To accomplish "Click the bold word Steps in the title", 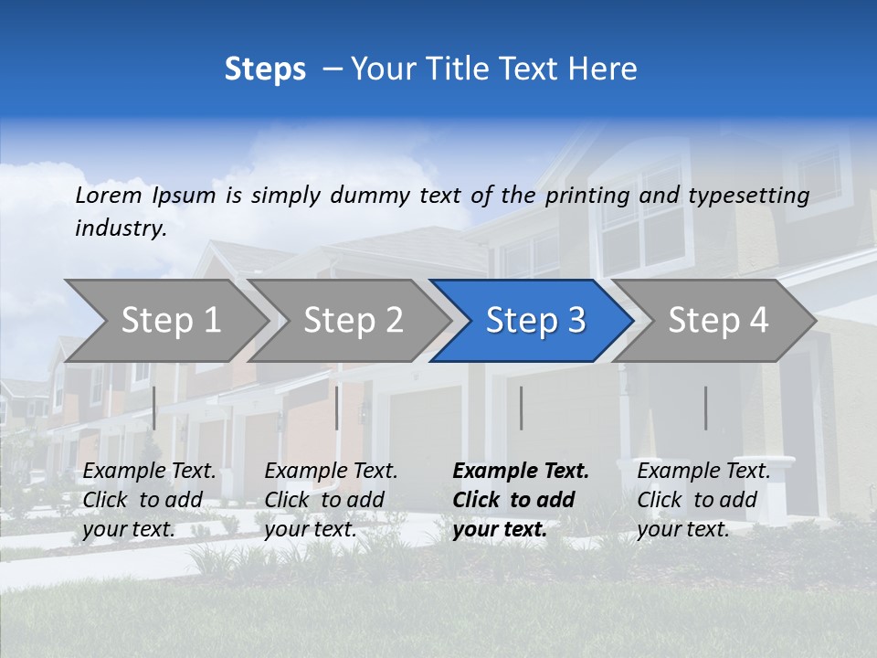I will click(265, 69).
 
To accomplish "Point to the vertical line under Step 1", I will click(154, 408).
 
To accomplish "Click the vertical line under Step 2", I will click(337, 408).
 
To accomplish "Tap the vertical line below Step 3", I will click(522, 408).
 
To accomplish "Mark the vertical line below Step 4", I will click(706, 408).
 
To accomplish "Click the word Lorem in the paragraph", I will click(109, 195).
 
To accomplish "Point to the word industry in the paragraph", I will click(120, 228).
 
